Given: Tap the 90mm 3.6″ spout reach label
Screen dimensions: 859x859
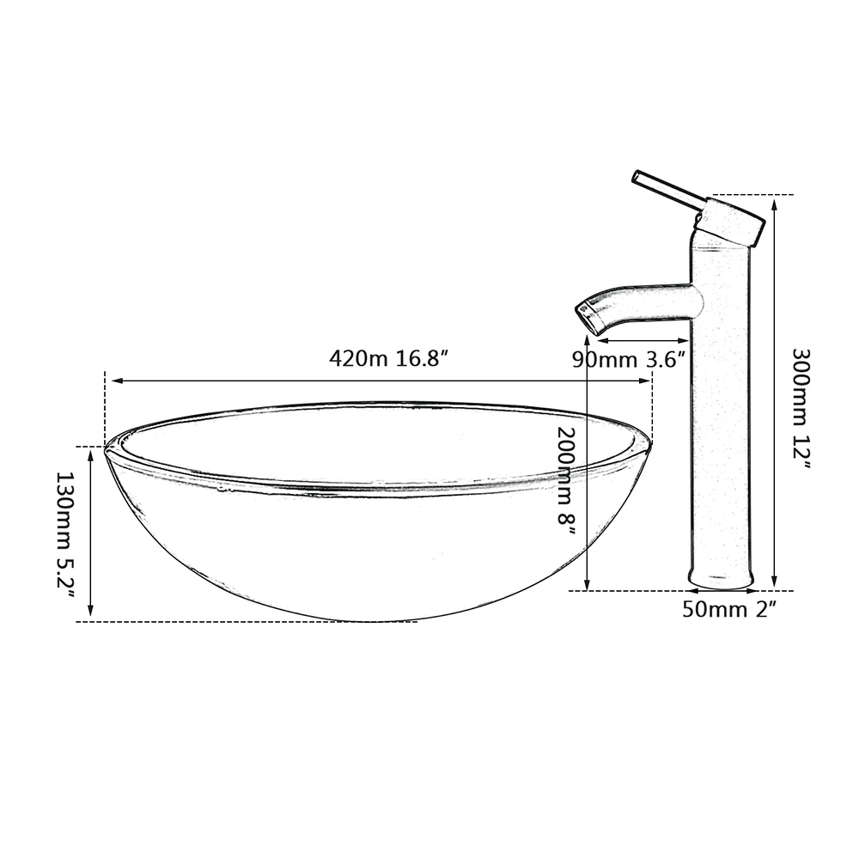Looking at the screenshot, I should [x=631, y=359].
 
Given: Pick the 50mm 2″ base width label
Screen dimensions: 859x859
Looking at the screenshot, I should [x=728, y=611].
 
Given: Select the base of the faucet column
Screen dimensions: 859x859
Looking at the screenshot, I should [x=722, y=582].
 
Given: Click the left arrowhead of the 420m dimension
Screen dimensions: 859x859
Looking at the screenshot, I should [x=109, y=381].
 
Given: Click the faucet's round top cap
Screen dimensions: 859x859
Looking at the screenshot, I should [x=730, y=221].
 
